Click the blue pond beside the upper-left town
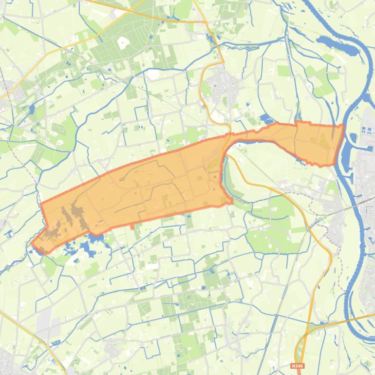(x=32, y=108)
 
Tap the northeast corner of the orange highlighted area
(x=343, y=126)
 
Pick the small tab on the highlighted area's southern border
(x=132, y=226)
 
